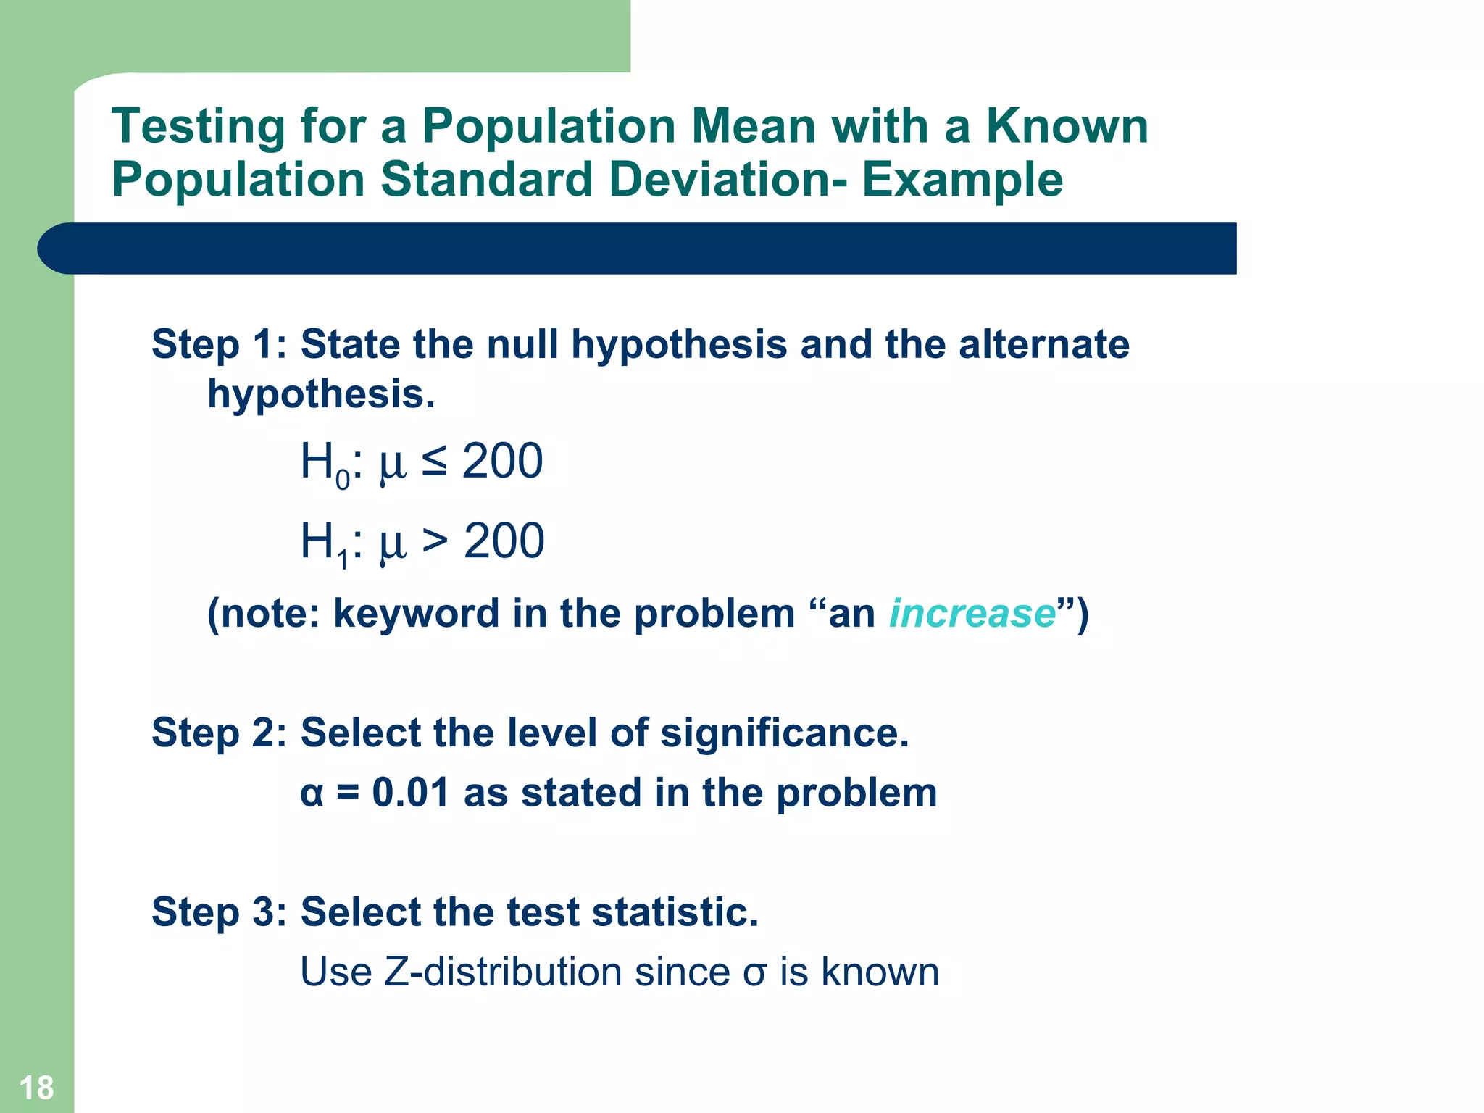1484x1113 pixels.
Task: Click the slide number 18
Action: (36, 1088)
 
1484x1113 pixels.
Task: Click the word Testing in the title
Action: (198, 127)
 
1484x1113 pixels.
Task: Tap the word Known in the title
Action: (1067, 127)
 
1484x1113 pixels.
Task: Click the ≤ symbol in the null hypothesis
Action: (434, 462)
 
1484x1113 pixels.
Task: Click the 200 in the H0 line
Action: (502, 462)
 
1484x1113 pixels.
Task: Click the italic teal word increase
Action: (972, 614)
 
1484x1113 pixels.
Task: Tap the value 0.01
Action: (410, 793)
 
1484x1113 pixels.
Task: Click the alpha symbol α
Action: (312, 794)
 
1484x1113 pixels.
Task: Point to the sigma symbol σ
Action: (754, 974)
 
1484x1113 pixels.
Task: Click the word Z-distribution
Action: (502, 972)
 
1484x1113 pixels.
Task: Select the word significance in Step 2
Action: (783, 733)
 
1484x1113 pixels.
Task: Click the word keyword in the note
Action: (416, 614)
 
